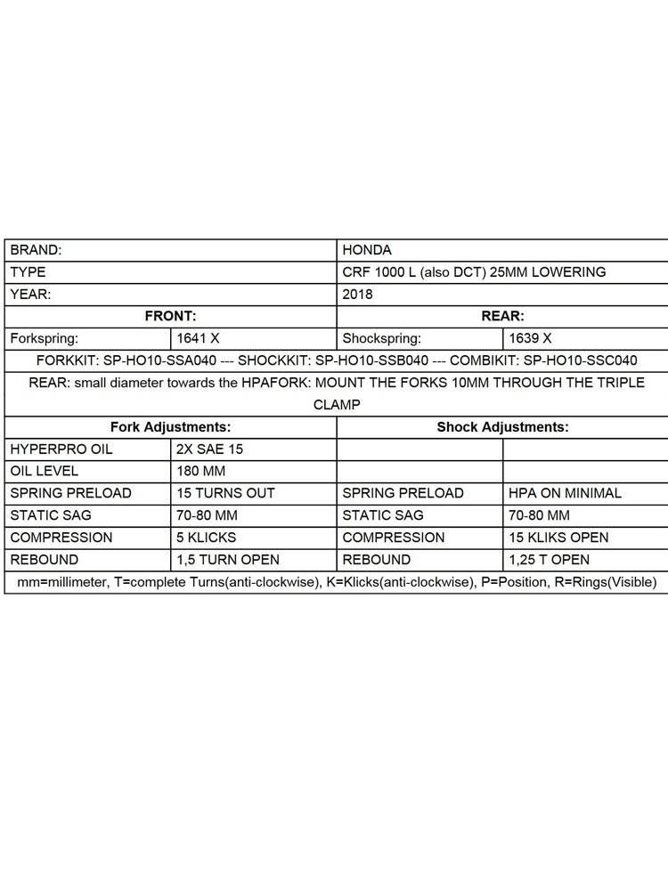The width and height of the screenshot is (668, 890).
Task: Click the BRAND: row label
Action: point(36,250)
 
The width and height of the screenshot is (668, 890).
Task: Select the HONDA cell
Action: point(366,250)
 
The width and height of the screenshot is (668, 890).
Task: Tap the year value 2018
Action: point(357,294)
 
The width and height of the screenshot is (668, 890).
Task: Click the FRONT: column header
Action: point(170,316)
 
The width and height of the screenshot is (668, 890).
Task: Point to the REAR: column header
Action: point(502,316)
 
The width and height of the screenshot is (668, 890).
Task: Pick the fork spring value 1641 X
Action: point(198,338)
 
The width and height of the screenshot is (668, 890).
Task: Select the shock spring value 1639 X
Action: point(530,338)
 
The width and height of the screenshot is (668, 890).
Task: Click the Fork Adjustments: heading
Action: point(170,426)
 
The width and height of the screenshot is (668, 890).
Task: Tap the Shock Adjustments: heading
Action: point(502,426)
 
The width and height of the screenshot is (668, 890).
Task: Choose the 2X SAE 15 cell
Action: point(210,449)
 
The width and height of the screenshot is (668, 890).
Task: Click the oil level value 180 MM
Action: point(204,471)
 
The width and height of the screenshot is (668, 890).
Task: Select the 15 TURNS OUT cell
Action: point(226,493)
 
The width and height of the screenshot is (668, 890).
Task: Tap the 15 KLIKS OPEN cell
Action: point(558,538)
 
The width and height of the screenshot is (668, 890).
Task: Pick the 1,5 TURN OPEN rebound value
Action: point(228,560)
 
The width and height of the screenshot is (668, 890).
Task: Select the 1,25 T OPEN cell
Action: point(549,560)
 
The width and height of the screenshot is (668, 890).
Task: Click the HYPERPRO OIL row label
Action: point(61,449)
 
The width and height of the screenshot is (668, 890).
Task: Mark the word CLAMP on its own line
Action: point(337,404)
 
